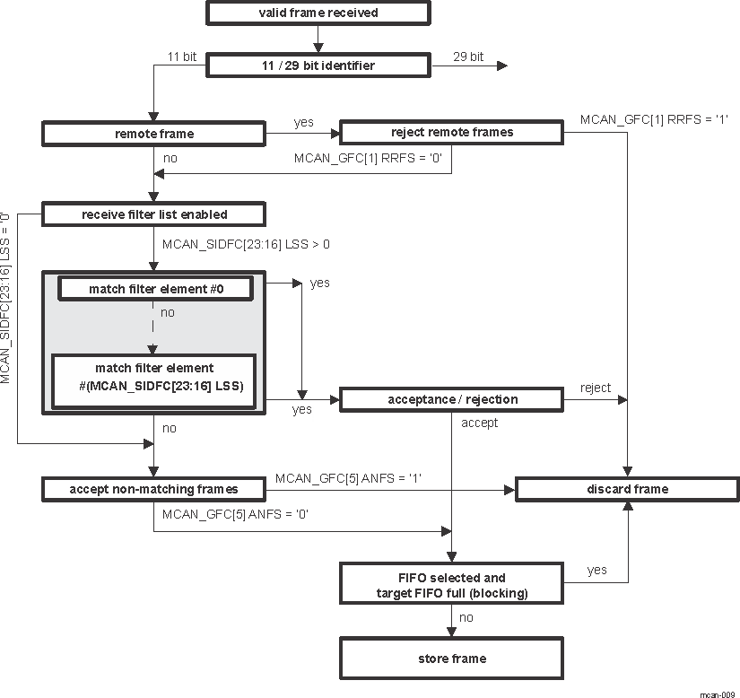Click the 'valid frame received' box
pyautogui.click(x=318, y=13)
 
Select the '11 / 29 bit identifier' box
pyautogui.click(x=318, y=65)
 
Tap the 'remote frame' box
pyautogui.click(x=153, y=134)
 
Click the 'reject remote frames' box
pyautogui.click(x=451, y=133)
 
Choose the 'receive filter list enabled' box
pyautogui.click(x=153, y=214)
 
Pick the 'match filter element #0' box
pyautogui.click(x=154, y=289)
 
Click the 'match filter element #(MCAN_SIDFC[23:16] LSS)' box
pyautogui.click(x=153, y=381)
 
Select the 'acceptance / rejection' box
pyautogui.click(x=451, y=399)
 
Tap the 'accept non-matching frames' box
pyautogui.click(x=153, y=489)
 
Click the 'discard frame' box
pyautogui.click(x=626, y=489)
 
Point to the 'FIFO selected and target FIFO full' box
pyautogui.click(x=451, y=585)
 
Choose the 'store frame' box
pyautogui.click(x=451, y=659)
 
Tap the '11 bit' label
pyautogui.click(x=182, y=57)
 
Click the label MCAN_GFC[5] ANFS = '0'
pyautogui.click(x=237, y=515)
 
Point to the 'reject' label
pyautogui.click(x=596, y=388)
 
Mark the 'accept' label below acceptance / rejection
pyautogui.click(x=479, y=423)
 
